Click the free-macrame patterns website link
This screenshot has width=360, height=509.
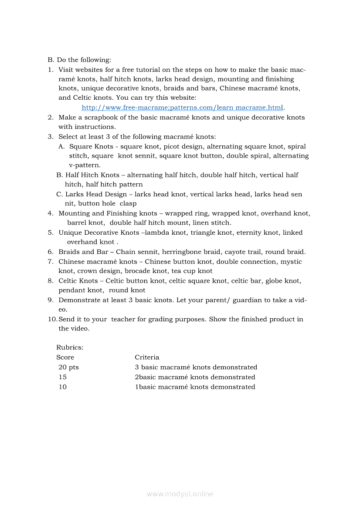pyautogui.click(x=183, y=108)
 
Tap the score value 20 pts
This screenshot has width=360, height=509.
pyautogui.click(x=68, y=367)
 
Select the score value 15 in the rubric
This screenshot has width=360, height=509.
pyautogui.click(x=63, y=377)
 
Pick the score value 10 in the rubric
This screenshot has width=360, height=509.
pyautogui.click(x=63, y=387)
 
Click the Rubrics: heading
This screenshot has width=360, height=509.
pyautogui.click(x=70, y=347)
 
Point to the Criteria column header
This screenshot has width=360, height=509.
pyautogui.click(x=147, y=357)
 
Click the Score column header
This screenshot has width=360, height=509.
pyautogui.click(x=65, y=357)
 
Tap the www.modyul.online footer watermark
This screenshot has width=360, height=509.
pyautogui.click(x=180, y=494)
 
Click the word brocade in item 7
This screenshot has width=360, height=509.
pyautogui.click(x=138, y=271)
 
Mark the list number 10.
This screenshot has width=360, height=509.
pyautogui.click(x=52, y=319)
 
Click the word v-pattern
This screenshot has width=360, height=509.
pyautogui.click(x=85, y=165)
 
